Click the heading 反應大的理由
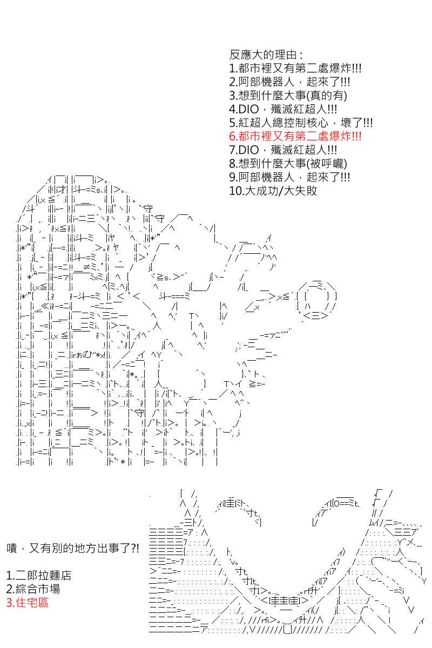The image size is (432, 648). pos(266,55)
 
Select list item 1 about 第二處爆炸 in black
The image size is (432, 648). pos(295,68)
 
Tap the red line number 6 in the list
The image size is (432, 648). pos(295,136)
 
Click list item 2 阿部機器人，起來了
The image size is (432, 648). pos(289,82)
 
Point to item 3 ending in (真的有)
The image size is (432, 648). pos(288,96)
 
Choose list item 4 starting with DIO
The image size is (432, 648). pos(283,109)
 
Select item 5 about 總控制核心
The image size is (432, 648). pos(301,123)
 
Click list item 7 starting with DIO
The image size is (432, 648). pos(283,150)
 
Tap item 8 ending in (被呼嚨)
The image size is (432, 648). pos(288,164)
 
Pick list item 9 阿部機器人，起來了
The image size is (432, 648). pos(289,177)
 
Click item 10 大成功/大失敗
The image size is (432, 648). pos(273,191)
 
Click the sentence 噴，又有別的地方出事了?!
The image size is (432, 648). pos(72,548)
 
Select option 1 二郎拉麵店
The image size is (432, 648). pos(39,575)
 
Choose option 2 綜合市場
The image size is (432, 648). pos(33,589)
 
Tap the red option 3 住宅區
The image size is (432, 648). pos(28,603)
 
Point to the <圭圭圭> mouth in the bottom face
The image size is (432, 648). pos(285,600)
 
